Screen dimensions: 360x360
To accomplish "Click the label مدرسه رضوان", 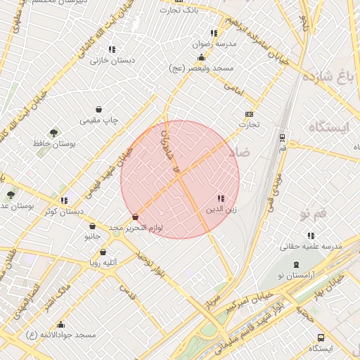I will click(215, 44).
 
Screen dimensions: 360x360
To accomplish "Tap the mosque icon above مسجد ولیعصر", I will click(202, 58).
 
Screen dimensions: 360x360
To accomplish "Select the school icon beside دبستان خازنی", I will click(112, 49).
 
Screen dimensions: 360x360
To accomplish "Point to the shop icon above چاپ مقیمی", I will click(98, 109).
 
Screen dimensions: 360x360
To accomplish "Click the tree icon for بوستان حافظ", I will click(53, 132).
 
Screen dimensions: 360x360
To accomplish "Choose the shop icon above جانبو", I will click(93, 226).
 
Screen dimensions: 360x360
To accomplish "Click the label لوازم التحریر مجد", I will click(136, 228).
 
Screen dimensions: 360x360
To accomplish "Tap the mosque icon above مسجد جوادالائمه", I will click(61, 324).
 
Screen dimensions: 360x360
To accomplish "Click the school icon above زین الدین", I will click(221, 199).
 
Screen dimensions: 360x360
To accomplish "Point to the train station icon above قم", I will click(282, 137).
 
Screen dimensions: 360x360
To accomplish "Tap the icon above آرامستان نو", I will click(297, 264).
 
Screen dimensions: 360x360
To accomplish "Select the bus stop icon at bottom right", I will click(321, 337).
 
